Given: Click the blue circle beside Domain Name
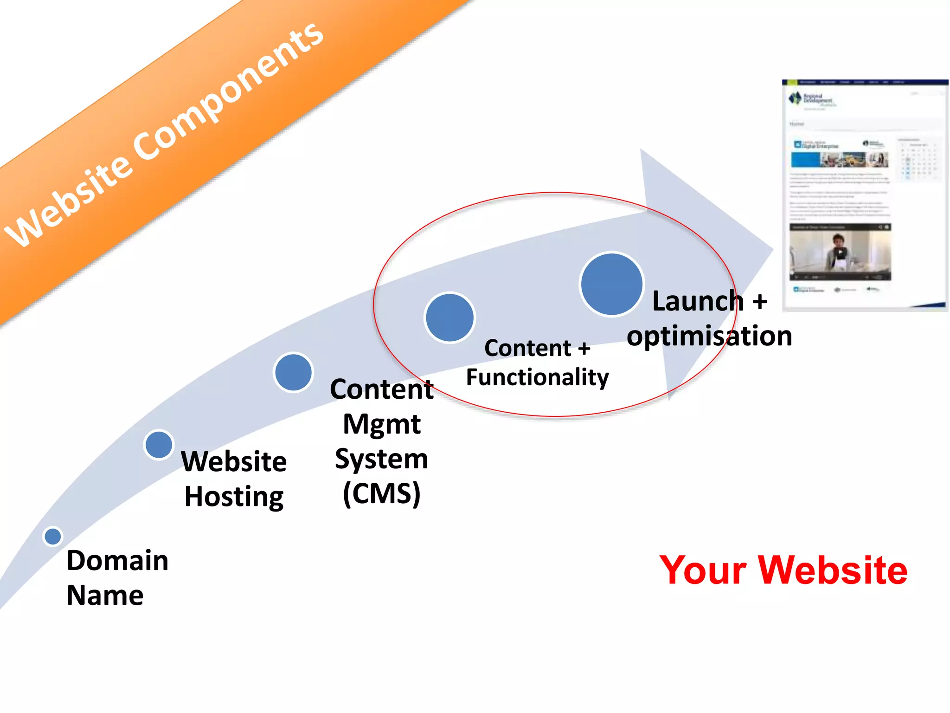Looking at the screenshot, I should [x=52, y=537].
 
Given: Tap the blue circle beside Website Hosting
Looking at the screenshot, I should [x=159, y=444].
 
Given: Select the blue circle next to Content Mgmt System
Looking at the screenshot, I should [x=293, y=372].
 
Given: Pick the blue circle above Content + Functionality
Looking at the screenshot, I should [x=449, y=318].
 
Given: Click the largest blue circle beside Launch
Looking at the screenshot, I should [x=611, y=284].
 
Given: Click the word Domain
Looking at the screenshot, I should [x=117, y=560].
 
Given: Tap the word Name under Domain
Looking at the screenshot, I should [x=105, y=596].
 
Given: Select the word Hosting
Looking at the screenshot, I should [x=234, y=497].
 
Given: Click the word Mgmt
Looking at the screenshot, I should [x=381, y=424].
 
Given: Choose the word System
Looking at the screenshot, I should [x=381, y=459].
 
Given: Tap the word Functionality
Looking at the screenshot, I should [x=537, y=377].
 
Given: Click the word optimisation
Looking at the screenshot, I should [x=709, y=336].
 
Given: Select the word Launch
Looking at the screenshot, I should [x=698, y=301].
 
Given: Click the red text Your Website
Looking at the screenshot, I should [x=783, y=570].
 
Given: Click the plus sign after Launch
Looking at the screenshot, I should [x=760, y=302].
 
